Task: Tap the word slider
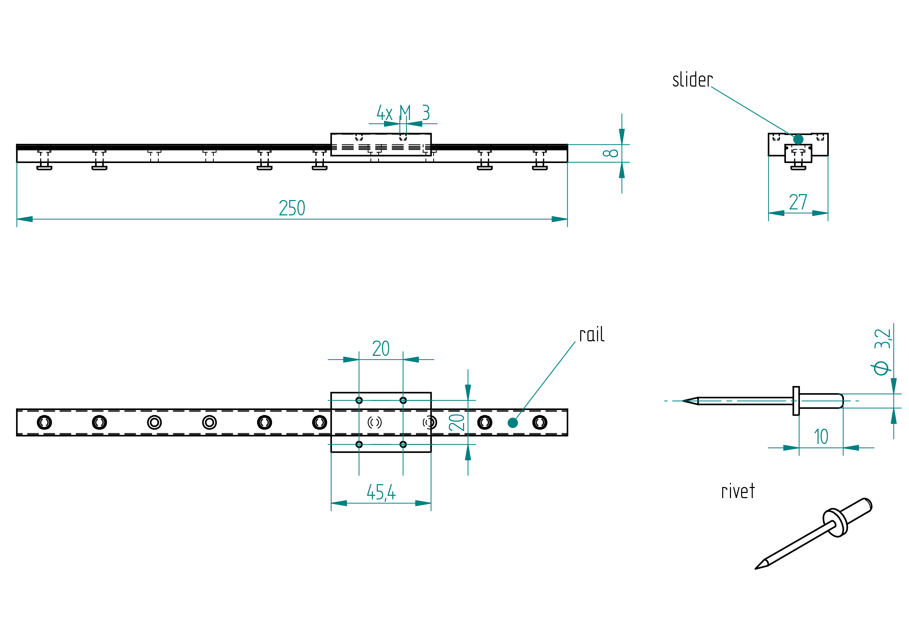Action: pyautogui.click(x=692, y=80)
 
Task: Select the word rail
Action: pyautogui.click(x=592, y=335)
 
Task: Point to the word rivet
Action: pyautogui.click(x=738, y=491)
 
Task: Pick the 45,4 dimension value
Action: pyautogui.click(x=381, y=492)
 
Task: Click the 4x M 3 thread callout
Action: pyautogui.click(x=403, y=113)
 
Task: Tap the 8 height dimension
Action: pyautogui.click(x=610, y=153)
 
